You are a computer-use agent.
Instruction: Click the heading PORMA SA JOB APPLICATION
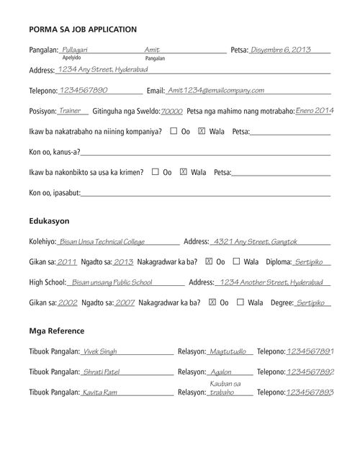pos(83,30)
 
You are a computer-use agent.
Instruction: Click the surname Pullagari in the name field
pos(77,49)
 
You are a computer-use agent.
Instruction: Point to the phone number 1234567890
pos(84,91)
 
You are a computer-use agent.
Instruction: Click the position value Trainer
pos(70,111)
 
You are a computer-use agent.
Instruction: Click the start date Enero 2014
pos(315,111)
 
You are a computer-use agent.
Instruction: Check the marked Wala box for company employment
pos(201,132)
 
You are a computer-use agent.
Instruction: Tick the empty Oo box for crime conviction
pos(156,172)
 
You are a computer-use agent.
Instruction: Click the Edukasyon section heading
pos(49,220)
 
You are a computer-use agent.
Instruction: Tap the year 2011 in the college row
pos(67,262)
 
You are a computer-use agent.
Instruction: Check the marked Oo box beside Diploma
pos(210,261)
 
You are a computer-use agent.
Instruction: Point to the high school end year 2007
pos(125,303)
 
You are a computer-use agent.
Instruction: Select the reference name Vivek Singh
pos(100,352)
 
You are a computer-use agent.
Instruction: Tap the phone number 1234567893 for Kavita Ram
pos(310,392)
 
